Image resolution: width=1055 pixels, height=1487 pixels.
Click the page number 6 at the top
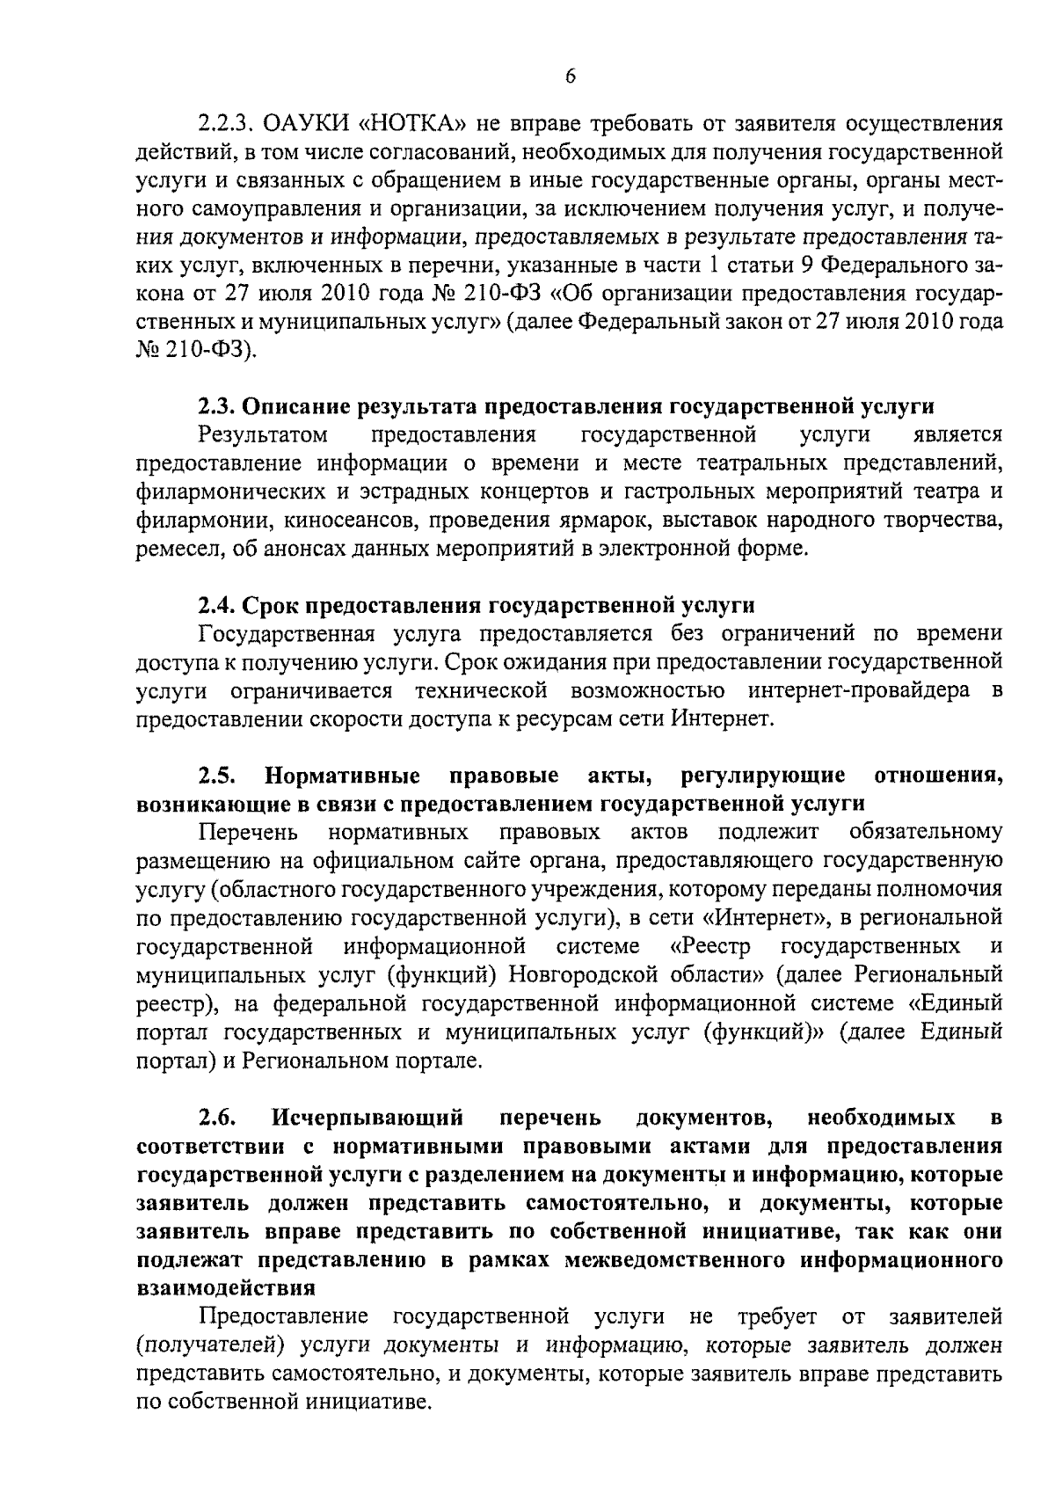pyautogui.click(x=571, y=77)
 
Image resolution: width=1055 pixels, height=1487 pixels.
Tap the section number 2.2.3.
pyautogui.click(x=226, y=123)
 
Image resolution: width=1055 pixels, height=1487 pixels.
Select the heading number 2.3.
pyautogui.click(x=215, y=406)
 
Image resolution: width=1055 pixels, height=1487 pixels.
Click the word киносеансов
pyautogui.click(x=352, y=520)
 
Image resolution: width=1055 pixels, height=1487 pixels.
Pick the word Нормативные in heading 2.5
pyautogui.click(x=343, y=776)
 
